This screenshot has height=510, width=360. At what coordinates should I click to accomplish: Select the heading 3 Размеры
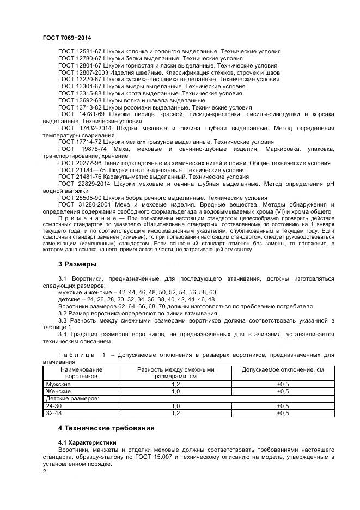[x=77, y=264]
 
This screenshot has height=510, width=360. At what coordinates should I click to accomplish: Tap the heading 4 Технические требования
[x=106, y=428]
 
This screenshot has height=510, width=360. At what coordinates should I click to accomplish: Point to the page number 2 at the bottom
[x=45, y=472]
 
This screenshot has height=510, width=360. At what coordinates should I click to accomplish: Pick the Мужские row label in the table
[x=58, y=384]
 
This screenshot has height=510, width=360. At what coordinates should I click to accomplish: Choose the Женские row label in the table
[x=58, y=391]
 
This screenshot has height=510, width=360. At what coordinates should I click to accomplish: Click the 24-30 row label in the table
[x=54, y=406]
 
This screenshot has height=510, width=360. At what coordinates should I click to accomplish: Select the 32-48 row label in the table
[x=54, y=413]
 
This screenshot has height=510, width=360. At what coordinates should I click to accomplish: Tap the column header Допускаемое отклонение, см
[x=283, y=369]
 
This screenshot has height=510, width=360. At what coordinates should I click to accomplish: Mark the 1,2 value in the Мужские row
[x=176, y=384]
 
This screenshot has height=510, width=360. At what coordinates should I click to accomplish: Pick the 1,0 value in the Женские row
[x=176, y=391]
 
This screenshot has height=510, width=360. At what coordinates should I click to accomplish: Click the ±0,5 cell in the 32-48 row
[x=283, y=413]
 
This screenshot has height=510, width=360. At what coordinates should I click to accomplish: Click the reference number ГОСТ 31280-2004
[x=82, y=205]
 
